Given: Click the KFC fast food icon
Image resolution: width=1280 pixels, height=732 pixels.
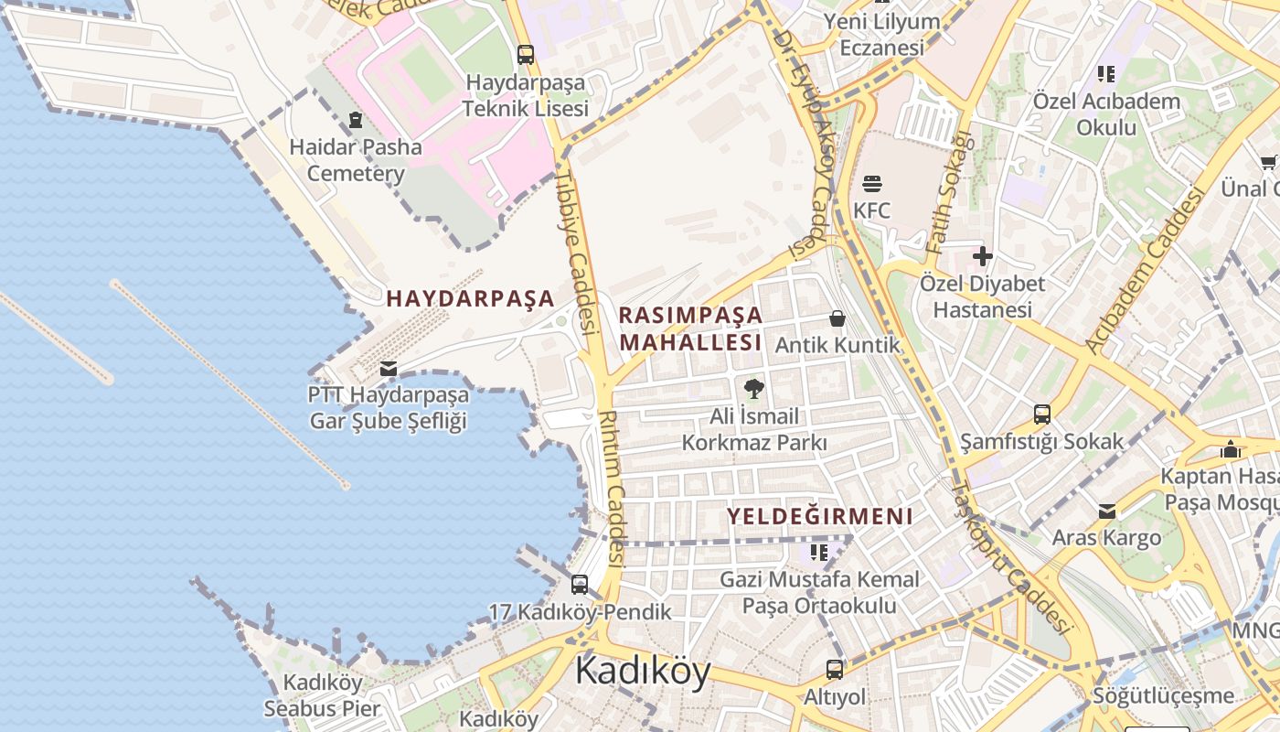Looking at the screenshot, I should (871, 183).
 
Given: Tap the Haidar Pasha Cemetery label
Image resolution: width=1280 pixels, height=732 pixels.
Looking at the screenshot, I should (356, 160).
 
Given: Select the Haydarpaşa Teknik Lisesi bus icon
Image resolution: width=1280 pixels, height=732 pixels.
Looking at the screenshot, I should (525, 54).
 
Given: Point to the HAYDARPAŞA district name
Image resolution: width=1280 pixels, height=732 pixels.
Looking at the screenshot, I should (470, 298).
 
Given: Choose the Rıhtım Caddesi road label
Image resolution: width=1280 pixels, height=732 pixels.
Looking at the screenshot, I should (610, 486).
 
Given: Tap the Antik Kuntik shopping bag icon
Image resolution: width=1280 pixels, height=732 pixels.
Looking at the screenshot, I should (837, 318).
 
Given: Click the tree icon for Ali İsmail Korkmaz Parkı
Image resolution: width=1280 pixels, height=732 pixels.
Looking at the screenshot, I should (753, 389).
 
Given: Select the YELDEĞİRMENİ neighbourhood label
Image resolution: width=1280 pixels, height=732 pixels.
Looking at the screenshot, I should (819, 516).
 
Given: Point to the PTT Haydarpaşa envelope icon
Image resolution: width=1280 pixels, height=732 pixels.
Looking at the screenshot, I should (389, 368).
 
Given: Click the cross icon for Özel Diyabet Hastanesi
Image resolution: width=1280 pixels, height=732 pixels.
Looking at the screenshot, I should (982, 256).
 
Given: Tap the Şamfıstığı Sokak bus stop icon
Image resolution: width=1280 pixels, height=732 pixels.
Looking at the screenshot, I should (1041, 414).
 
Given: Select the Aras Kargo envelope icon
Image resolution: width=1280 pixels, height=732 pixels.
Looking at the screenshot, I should (1107, 511).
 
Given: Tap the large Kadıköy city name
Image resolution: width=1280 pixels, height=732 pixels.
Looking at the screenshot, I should (642, 671).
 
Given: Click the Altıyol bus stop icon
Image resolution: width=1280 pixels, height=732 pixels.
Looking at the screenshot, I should (834, 669).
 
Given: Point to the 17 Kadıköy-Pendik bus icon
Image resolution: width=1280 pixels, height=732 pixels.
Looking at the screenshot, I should (579, 585).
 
